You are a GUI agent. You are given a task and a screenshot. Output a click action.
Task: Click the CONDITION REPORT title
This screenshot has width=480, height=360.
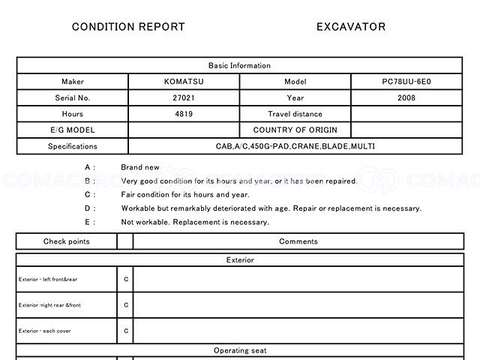click(x=128, y=27)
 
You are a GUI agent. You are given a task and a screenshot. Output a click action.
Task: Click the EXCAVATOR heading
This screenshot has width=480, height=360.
click(x=351, y=27)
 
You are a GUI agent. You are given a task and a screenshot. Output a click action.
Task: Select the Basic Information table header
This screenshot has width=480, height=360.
click(x=239, y=65)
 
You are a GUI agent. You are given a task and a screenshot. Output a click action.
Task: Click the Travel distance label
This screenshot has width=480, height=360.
click(x=295, y=114)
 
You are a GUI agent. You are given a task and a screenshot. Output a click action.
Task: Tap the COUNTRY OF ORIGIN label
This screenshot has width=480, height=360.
click(x=295, y=130)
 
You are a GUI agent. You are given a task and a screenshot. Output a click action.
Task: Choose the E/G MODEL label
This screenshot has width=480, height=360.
click(x=73, y=130)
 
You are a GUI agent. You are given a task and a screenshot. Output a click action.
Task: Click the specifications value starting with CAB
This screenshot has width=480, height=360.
click(x=295, y=146)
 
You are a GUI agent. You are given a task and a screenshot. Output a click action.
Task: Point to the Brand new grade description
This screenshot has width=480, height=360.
click(x=140, y=167)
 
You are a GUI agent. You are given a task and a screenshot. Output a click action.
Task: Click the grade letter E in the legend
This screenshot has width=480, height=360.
click(x=88, y=222)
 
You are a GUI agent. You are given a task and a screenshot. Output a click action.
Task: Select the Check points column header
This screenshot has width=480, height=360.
click(x=66, y=241)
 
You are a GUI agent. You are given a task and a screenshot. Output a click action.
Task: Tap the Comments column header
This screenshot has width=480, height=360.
click(x=298, y=241)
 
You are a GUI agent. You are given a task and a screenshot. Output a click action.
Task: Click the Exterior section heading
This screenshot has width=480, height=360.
click(x=239, y=260)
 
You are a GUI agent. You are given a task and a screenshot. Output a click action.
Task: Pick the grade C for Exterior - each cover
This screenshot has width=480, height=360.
click(x=126, y=330)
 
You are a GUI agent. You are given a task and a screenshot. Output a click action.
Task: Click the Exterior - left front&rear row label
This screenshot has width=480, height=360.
click(x=48, y=280)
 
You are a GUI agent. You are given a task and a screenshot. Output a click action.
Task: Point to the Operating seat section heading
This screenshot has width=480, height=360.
click(x=239, y=350)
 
